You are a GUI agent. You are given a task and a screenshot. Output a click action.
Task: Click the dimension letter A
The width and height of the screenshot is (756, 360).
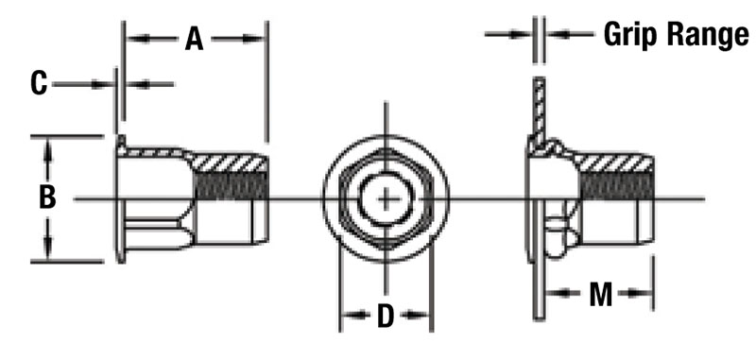coord(195,39)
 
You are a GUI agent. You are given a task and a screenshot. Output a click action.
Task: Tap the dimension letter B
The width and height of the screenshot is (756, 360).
coord(47,197)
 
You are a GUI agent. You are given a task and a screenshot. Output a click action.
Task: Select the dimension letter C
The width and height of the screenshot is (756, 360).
coord(39,83)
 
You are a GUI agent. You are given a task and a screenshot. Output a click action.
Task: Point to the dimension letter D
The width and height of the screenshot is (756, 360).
coord(386,317)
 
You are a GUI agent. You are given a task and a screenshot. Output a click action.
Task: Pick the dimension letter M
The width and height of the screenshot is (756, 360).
coord(600,295)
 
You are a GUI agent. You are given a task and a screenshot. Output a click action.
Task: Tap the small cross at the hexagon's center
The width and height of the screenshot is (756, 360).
coord(386,198)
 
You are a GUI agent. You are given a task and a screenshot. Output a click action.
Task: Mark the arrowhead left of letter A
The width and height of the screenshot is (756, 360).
coord(134,39)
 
